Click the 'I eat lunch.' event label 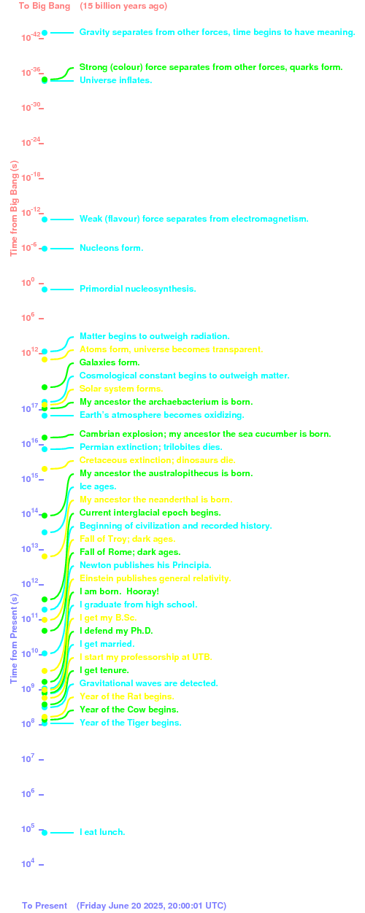102,832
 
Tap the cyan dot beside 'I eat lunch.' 45,833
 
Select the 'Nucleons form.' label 112,248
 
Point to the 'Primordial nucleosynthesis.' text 138,289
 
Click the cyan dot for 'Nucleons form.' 45,249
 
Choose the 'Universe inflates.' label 116,80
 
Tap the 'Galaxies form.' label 109,362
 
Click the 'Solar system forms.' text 121,389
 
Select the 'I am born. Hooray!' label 119,591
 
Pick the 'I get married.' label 107,644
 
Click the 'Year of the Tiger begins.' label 131,723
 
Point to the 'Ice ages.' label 98,486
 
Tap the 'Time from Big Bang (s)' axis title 15,209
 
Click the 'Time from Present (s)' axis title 15,638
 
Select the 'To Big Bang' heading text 45,6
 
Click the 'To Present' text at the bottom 45,906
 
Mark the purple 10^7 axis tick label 28,758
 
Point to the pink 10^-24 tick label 31,142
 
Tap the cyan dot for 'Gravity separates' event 45,33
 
